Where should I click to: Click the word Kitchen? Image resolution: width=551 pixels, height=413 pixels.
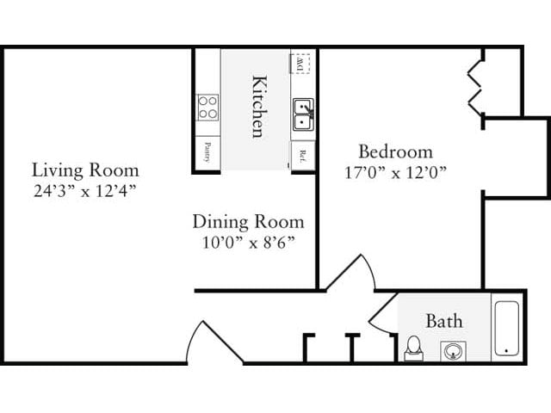pyautogui.click(x=257, y=107)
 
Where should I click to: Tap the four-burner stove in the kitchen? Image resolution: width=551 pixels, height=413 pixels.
pyautogui.click(x=207, y=107)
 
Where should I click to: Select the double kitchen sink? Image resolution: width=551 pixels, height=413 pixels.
pyautogui.click(x=302, y=114)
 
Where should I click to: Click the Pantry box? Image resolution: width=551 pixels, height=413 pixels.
pyautogui.click(x=207, y=152)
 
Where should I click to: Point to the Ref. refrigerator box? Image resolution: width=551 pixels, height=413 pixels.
pyautogui.click(x=303, y=155)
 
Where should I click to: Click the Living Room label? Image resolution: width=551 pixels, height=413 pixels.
pyautogui.click(x=73, y=169)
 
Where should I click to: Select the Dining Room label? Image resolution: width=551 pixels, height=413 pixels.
pyautogui.click(x=247, y=222)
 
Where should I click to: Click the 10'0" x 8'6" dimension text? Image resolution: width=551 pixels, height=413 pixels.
pyautogui.click(x=247, y=242)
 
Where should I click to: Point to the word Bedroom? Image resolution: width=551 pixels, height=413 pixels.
pyautogui.click(x=395, y=150)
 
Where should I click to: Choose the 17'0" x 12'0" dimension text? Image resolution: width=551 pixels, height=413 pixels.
pyautogui.click(x=395, y=170)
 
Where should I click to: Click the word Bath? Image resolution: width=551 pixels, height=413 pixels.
pyautogui.click(x=443, y=321)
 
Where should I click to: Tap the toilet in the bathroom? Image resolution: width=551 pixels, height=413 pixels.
pyautogui.click(x=413, y=347)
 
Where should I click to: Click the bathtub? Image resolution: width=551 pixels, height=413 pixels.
pyautogui.click(x=506, y=328)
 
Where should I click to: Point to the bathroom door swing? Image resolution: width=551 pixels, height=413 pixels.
pyautogui.click(x=381, y=311)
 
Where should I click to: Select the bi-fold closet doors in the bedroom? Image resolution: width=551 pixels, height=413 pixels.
pyautogui.click(x=476, y=85)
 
